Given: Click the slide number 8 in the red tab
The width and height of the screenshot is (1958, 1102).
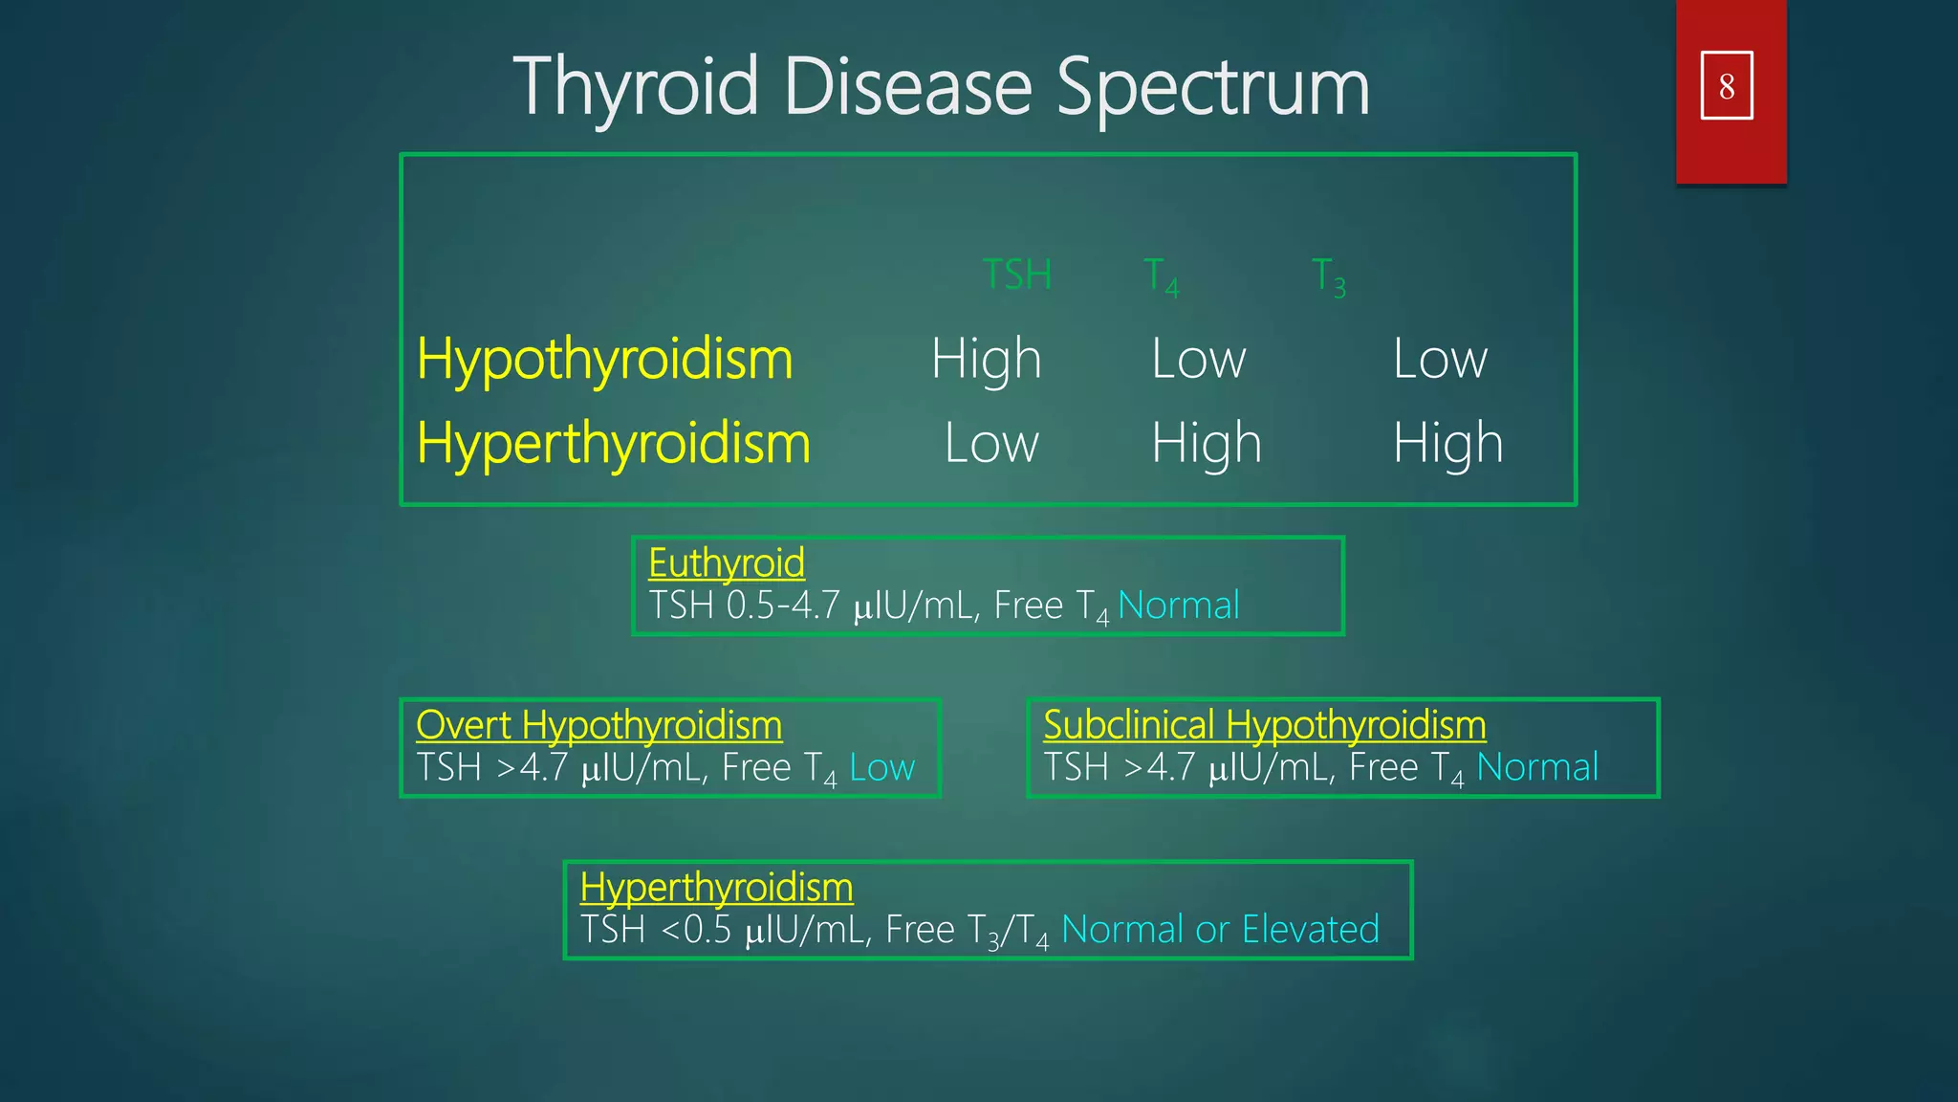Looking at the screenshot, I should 1726,86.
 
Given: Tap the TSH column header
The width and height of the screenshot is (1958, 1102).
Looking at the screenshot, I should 1017,275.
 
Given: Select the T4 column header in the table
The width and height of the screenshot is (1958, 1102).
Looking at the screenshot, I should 1162,277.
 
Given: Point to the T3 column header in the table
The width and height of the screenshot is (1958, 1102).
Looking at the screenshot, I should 1329,277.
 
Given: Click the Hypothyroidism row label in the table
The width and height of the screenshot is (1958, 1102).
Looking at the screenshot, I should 604,360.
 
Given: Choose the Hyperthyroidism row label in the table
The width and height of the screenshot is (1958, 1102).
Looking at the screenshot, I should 613,444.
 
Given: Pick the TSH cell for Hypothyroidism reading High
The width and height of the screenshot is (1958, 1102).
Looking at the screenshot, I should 986,360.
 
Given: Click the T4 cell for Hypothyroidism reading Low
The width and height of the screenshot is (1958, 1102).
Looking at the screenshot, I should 1199,360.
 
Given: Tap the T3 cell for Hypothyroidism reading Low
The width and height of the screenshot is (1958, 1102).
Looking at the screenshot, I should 1440,360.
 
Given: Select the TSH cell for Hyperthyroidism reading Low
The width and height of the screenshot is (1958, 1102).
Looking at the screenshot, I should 991,444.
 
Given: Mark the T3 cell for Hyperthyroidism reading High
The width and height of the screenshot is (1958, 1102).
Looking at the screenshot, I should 1447,444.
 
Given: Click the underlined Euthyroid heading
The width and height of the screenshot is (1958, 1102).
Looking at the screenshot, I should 727,562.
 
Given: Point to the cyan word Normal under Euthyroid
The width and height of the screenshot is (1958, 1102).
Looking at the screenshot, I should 1178,606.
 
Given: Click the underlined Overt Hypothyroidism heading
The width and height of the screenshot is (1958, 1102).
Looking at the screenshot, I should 598,725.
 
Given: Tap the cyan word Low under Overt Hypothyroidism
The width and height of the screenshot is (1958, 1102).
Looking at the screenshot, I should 881,768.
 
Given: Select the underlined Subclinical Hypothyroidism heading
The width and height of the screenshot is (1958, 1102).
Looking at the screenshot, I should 1264,725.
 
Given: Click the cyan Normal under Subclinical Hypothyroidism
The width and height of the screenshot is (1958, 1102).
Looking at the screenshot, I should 1536,768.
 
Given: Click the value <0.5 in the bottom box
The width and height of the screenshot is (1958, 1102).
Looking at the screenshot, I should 695,930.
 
